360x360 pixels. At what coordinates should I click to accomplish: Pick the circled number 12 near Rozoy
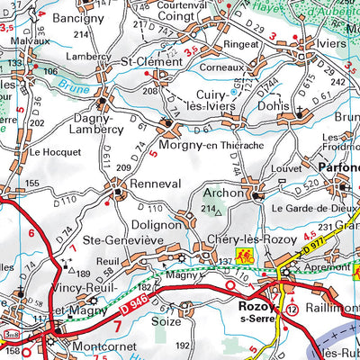pos(293,309)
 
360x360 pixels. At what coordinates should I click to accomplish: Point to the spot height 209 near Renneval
pos(124,167)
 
